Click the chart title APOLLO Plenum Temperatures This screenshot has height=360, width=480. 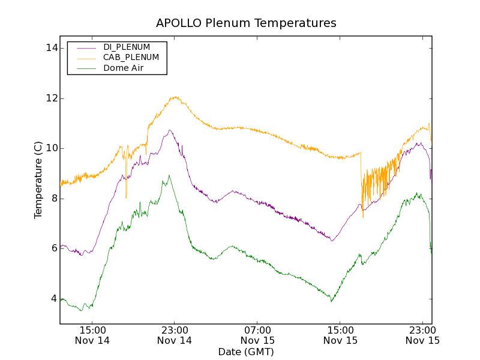(x=246, y=23)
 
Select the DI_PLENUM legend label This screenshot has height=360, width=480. (x=127, y=47)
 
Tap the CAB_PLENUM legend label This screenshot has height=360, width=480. (x=131, y=58)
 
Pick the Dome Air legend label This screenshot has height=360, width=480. (x=124, y=68)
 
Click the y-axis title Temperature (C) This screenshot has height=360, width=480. (x=38, y=180)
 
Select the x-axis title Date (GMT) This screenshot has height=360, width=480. (x=246, y=352)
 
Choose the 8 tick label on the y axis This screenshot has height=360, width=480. (x=53, y=199)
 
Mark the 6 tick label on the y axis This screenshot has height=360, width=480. (x=53, y=248)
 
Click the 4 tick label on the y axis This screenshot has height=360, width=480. (x=53, y=299)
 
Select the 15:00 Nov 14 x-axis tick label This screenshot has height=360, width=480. (x=92, y=335)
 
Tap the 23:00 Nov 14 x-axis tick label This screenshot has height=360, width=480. (x=175, y=335)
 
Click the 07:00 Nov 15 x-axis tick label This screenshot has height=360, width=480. (x=257, y=335)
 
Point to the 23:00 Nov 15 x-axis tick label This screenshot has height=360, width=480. (x=422, y=335)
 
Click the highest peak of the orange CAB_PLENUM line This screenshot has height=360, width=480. (x=175, y=97)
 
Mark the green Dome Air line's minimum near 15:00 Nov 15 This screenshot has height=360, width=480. (x=331, y=301)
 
